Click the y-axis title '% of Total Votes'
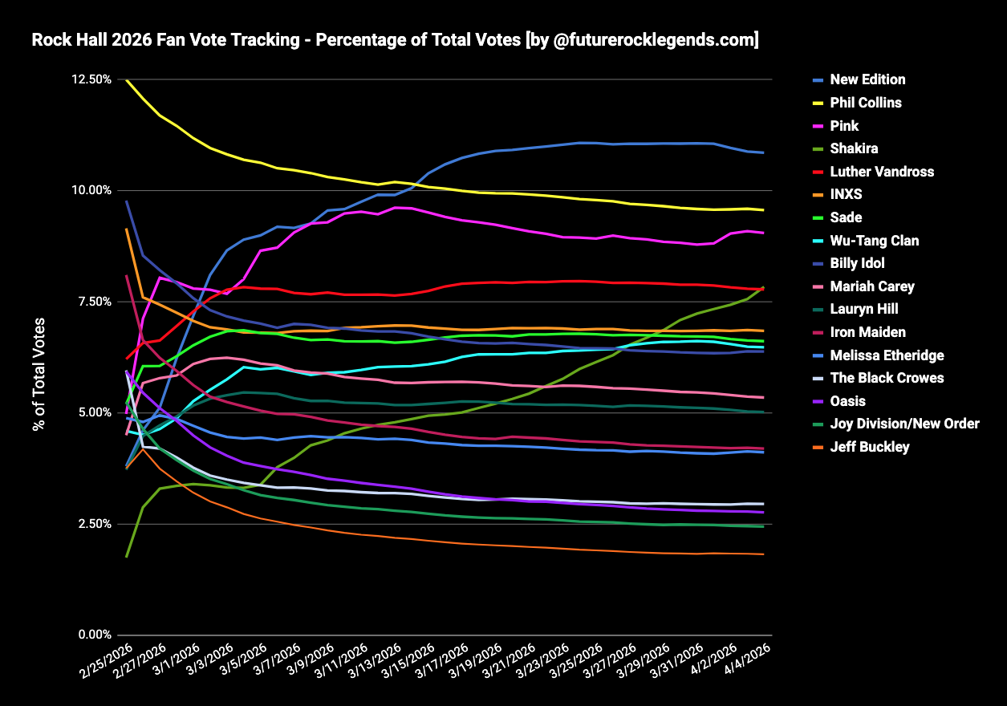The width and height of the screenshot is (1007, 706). click(39, 375)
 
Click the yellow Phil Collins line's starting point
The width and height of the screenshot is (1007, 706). click(127, 80)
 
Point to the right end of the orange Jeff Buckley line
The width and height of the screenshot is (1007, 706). click(763, 554)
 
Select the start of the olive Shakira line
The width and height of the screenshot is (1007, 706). click(127, 556)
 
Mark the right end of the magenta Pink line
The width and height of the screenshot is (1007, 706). click(763, 233)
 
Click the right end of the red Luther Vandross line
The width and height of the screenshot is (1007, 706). click(763, 290)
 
